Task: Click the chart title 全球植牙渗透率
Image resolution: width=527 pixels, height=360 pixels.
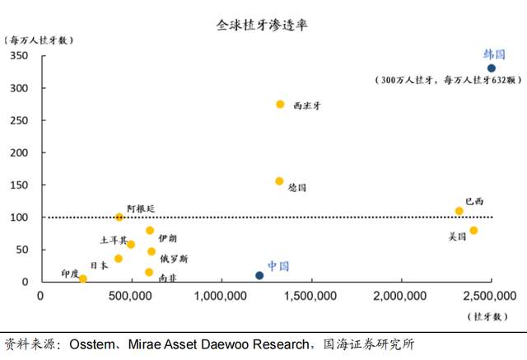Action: [263, 26]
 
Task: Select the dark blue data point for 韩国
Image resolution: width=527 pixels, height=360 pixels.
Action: [492, 68]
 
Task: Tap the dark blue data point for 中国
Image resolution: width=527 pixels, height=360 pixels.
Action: [259, 275]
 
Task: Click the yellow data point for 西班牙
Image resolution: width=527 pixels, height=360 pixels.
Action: [280, 104]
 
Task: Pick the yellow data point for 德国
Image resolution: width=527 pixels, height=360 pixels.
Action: [279, 181]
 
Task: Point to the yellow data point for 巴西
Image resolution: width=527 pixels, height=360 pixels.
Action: [459, 211]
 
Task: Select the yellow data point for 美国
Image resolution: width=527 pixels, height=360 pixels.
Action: [473, 231]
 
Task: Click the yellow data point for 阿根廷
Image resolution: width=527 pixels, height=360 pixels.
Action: [119, 217]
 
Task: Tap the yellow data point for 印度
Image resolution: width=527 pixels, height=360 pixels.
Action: [82, 278]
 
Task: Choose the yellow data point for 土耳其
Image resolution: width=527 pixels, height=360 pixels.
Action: [131, 244]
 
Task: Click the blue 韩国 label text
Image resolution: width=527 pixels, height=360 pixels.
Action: [492, 54]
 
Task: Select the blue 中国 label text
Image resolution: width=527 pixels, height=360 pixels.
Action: [278, 266]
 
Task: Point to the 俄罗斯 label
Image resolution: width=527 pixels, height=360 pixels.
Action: [173, 259]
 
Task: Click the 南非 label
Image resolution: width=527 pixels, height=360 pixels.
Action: [166, 278]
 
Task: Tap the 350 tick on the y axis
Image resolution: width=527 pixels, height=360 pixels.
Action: [18, 55]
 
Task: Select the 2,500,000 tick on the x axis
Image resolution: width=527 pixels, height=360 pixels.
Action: [492, 294]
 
